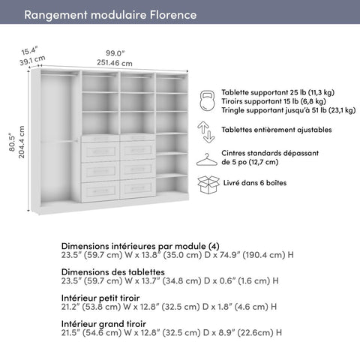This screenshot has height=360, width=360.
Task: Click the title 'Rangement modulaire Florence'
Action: tap(110, 15)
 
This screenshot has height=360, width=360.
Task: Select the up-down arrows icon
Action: tap(207, 131)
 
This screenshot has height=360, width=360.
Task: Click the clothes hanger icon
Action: tap(207, 158)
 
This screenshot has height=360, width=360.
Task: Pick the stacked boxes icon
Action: tap(207, 183)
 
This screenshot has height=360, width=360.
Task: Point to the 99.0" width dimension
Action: tap(114, 52)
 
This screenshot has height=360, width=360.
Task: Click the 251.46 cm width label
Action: tap(114, 63)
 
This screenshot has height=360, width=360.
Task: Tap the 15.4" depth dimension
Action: tap(29, 49)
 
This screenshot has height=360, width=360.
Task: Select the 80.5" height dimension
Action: tap(9, 138)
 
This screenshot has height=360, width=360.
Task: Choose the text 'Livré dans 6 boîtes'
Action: tap(254, 182)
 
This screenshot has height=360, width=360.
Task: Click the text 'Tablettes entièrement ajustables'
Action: tap(277, 129)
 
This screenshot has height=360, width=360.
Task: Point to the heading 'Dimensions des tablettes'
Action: tap(113, 272)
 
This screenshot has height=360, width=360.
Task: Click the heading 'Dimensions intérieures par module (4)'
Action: tap(140, 246)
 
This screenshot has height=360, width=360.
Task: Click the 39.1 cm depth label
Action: tap(32, 60)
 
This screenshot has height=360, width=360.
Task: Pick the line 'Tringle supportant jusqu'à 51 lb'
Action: tap(288, 110)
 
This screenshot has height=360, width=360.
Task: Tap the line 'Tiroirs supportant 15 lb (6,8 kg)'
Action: tap(273, 101)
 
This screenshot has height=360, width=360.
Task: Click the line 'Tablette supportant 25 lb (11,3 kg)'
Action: tap(277, 92)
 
